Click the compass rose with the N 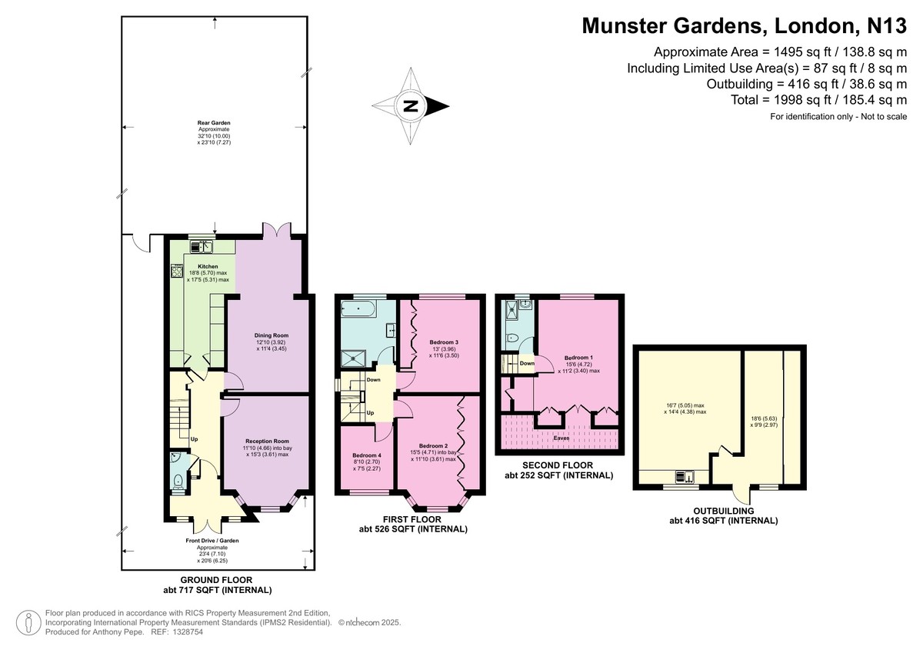(411, 106)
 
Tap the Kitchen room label (197, 266)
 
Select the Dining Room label (271, 335)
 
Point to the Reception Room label (267, 441)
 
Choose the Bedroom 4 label (366, 455)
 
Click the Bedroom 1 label (578, 358)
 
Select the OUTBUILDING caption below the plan (722, 510)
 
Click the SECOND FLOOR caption (558, 465)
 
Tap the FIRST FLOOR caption (413, 519)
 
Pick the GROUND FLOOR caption (217, 580)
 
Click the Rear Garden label (214, 122)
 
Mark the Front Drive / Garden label (212, 541)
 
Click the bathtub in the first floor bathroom (357, 310)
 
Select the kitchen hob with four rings (176, 270)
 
